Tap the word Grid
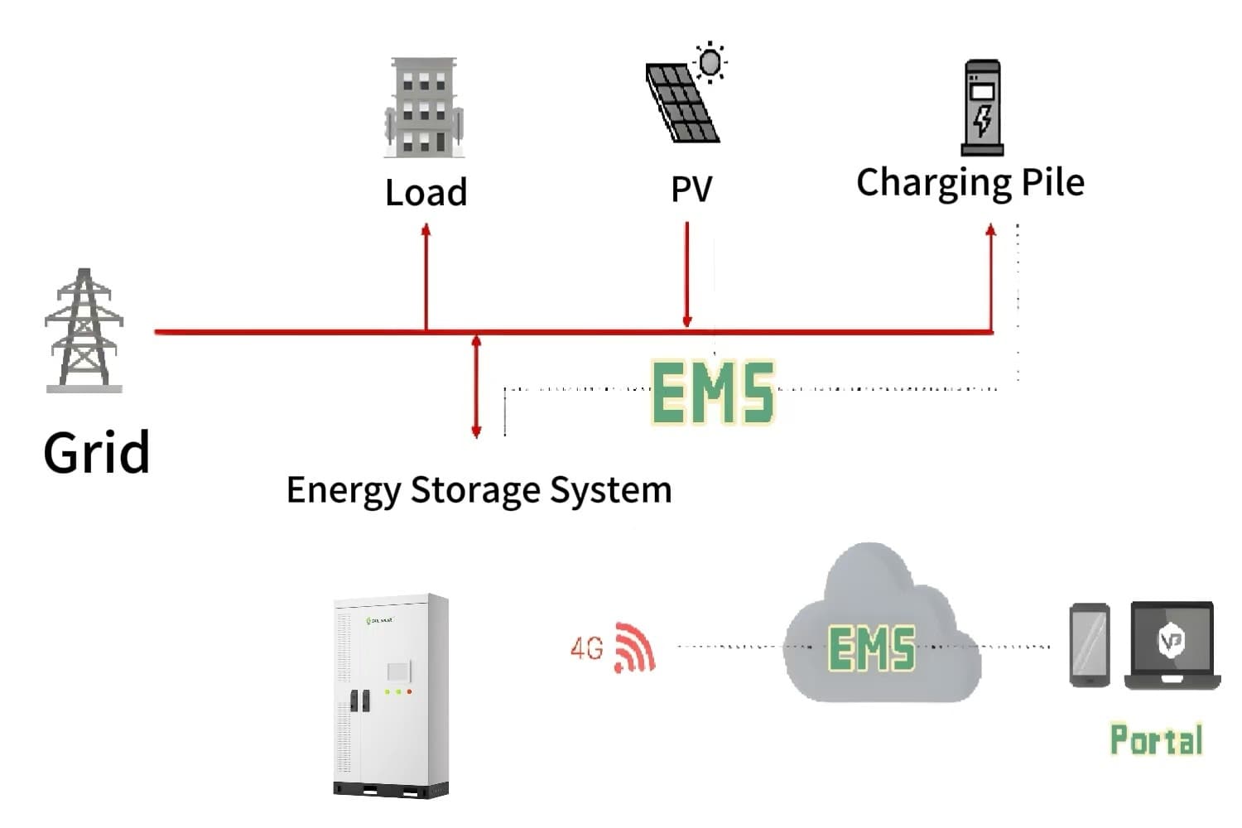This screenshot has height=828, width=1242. [96, 453]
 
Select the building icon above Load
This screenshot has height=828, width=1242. [424, 108]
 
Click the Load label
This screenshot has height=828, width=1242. [426, 192]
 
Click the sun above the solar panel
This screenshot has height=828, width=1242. [710, 62]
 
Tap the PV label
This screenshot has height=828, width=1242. [691, 189]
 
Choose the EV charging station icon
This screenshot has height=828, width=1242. [983, 108]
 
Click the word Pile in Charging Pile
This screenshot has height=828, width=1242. [1052, 182]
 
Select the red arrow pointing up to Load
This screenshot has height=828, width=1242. [426, 273]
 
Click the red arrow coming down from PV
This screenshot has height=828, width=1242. [686, 273]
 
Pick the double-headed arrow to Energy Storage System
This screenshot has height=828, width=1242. [476, 385]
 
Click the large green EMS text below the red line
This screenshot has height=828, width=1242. [713, 392]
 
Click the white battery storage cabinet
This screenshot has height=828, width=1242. [391, 694]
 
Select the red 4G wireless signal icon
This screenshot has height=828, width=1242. [633, 647]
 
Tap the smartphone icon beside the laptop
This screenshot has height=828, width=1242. [1090, 645]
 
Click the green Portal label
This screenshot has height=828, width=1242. [1156, 739]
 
